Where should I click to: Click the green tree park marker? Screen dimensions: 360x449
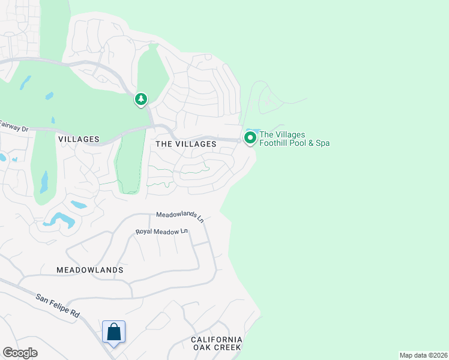click(140, 99)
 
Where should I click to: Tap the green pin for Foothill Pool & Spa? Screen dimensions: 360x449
click(250, 138)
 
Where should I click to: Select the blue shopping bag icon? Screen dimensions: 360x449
click(113, 332)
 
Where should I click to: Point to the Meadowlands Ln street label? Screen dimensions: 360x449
click(180, 216)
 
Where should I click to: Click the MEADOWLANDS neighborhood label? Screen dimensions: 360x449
click(90, 270)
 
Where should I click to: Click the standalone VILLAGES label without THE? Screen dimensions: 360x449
click(79, 139)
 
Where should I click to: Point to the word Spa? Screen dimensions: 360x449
click(322, 143)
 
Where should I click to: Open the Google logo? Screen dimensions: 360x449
click(20, 353)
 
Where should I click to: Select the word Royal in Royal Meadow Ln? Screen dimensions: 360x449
click(145, 232)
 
